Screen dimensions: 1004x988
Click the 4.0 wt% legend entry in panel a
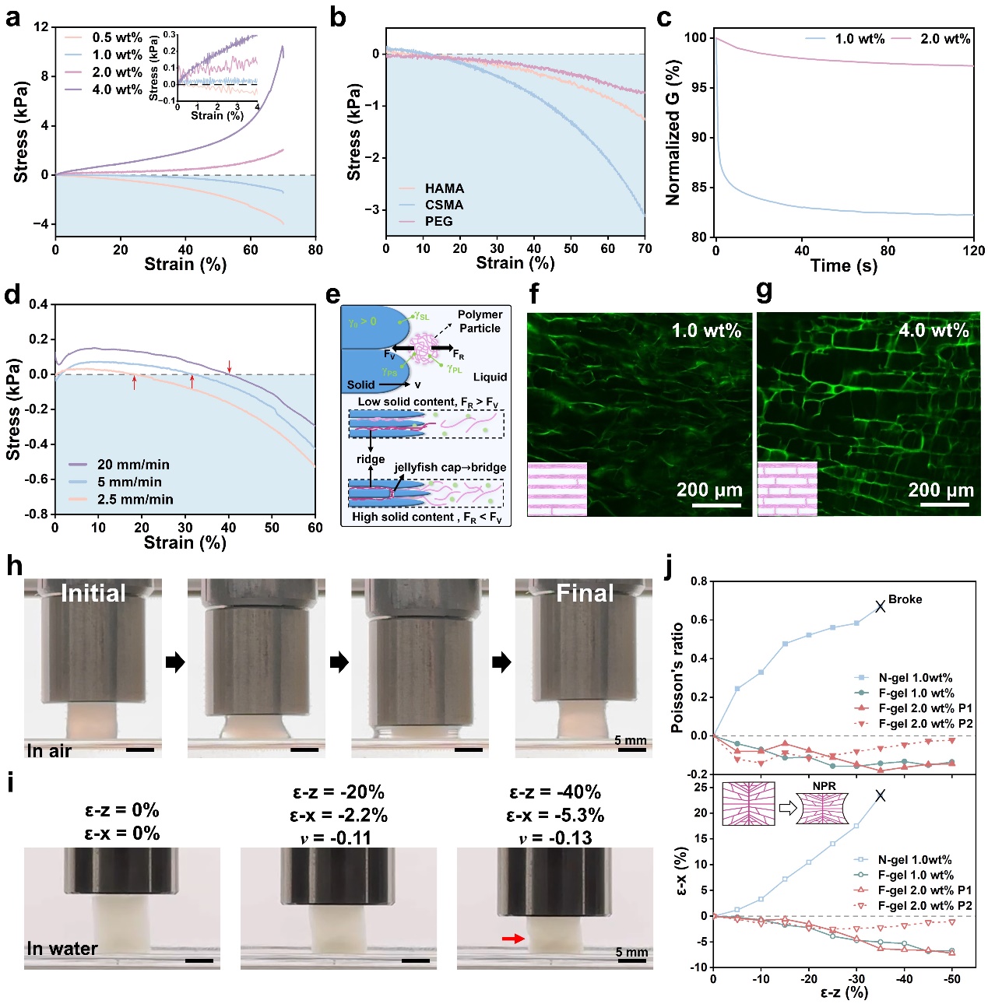pos(117,90)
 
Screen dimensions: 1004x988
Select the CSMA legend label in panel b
pos(444,205)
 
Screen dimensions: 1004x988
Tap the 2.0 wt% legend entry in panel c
pos(945,39)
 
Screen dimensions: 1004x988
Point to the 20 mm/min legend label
pos(133,465)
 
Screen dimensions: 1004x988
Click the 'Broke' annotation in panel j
pos(905,599)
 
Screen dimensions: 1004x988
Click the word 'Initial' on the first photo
pos(93,593)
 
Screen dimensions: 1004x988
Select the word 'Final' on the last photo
pos(585,593)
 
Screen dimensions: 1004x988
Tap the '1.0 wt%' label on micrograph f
pos(706,330)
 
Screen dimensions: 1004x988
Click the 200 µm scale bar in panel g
pos(945,505)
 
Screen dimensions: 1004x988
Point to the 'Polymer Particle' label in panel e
pos(480,321)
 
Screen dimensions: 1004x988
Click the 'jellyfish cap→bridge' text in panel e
pos(450,467)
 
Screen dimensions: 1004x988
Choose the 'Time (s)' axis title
pos(843,265)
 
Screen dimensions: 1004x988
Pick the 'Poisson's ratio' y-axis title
pos(677,677)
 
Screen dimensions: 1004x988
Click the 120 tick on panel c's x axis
pos(973,251)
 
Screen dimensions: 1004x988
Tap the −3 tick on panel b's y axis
pos(374,209)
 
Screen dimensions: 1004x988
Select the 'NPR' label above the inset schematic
pos(824,786)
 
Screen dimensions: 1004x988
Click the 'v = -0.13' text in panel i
pos(555,838)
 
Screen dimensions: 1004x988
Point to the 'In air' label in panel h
pos(49,751)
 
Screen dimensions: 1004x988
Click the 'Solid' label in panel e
pos(360,384)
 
